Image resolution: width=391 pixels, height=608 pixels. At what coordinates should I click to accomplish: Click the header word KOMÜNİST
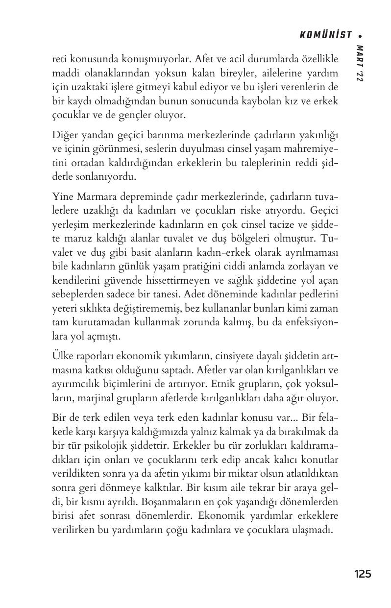(325, 35)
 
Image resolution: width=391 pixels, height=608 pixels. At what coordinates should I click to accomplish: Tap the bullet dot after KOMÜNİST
(360, 35)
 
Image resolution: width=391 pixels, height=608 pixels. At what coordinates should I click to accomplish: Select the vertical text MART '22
(360, 64)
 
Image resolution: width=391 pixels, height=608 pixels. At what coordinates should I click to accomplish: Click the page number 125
(363, 574)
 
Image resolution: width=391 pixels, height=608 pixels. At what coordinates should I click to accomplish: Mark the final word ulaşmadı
(315, 530)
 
